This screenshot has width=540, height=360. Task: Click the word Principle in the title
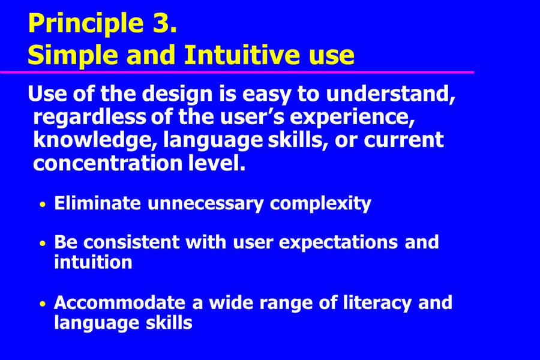tap(86, 23)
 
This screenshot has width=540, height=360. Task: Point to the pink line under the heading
tap(237, 73)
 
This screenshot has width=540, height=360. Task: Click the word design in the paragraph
tap(178, 94)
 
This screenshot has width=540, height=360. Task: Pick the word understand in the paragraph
tap(391, 94)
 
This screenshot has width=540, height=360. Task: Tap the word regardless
tap(89, 117)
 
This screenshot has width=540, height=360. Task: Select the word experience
tap(352, 118)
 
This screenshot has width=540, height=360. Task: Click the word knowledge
tap(95, 140)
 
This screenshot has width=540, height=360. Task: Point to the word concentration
tap(107, 163)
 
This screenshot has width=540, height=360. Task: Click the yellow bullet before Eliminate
tap(43, 204)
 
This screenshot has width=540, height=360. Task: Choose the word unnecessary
tap(206, 204)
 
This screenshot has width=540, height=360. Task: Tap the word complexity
tap(320, 204)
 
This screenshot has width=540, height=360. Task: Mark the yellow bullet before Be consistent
tap(43, 244)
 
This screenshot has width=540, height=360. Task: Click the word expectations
tap(338, 242)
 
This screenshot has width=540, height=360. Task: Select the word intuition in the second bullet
tap(93, 262)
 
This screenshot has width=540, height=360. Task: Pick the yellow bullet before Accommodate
tap(43, 304)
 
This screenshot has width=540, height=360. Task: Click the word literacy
tap(377, 304)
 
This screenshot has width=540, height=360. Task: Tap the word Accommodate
tap(119, 303)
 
